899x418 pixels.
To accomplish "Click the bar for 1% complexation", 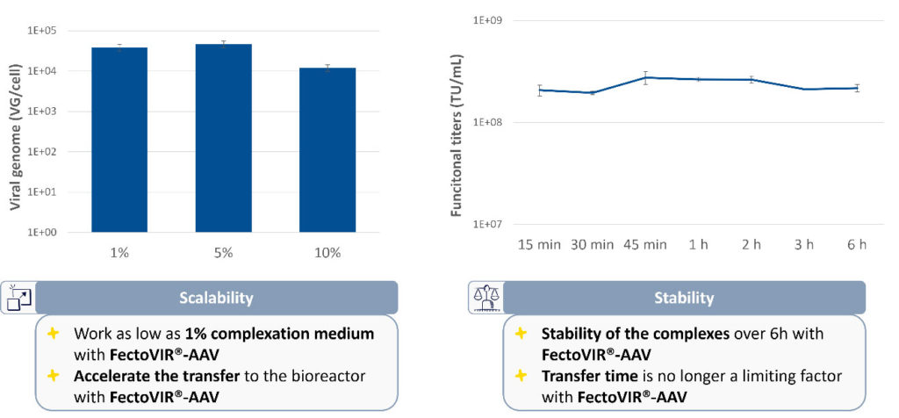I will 119,140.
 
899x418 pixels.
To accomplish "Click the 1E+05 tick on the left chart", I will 66,31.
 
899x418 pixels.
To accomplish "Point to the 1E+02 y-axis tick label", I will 66,152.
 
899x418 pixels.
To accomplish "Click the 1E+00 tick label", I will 66,233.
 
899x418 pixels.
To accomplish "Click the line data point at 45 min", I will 646,77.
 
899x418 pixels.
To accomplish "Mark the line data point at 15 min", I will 540,90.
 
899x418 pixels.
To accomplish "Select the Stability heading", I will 684,298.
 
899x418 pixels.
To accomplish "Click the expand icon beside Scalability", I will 18,299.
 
